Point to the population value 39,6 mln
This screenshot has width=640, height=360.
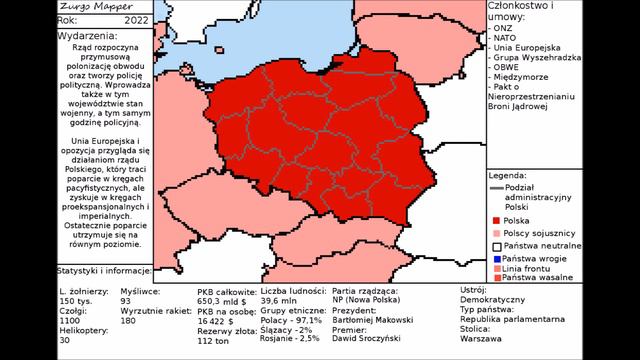281,299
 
